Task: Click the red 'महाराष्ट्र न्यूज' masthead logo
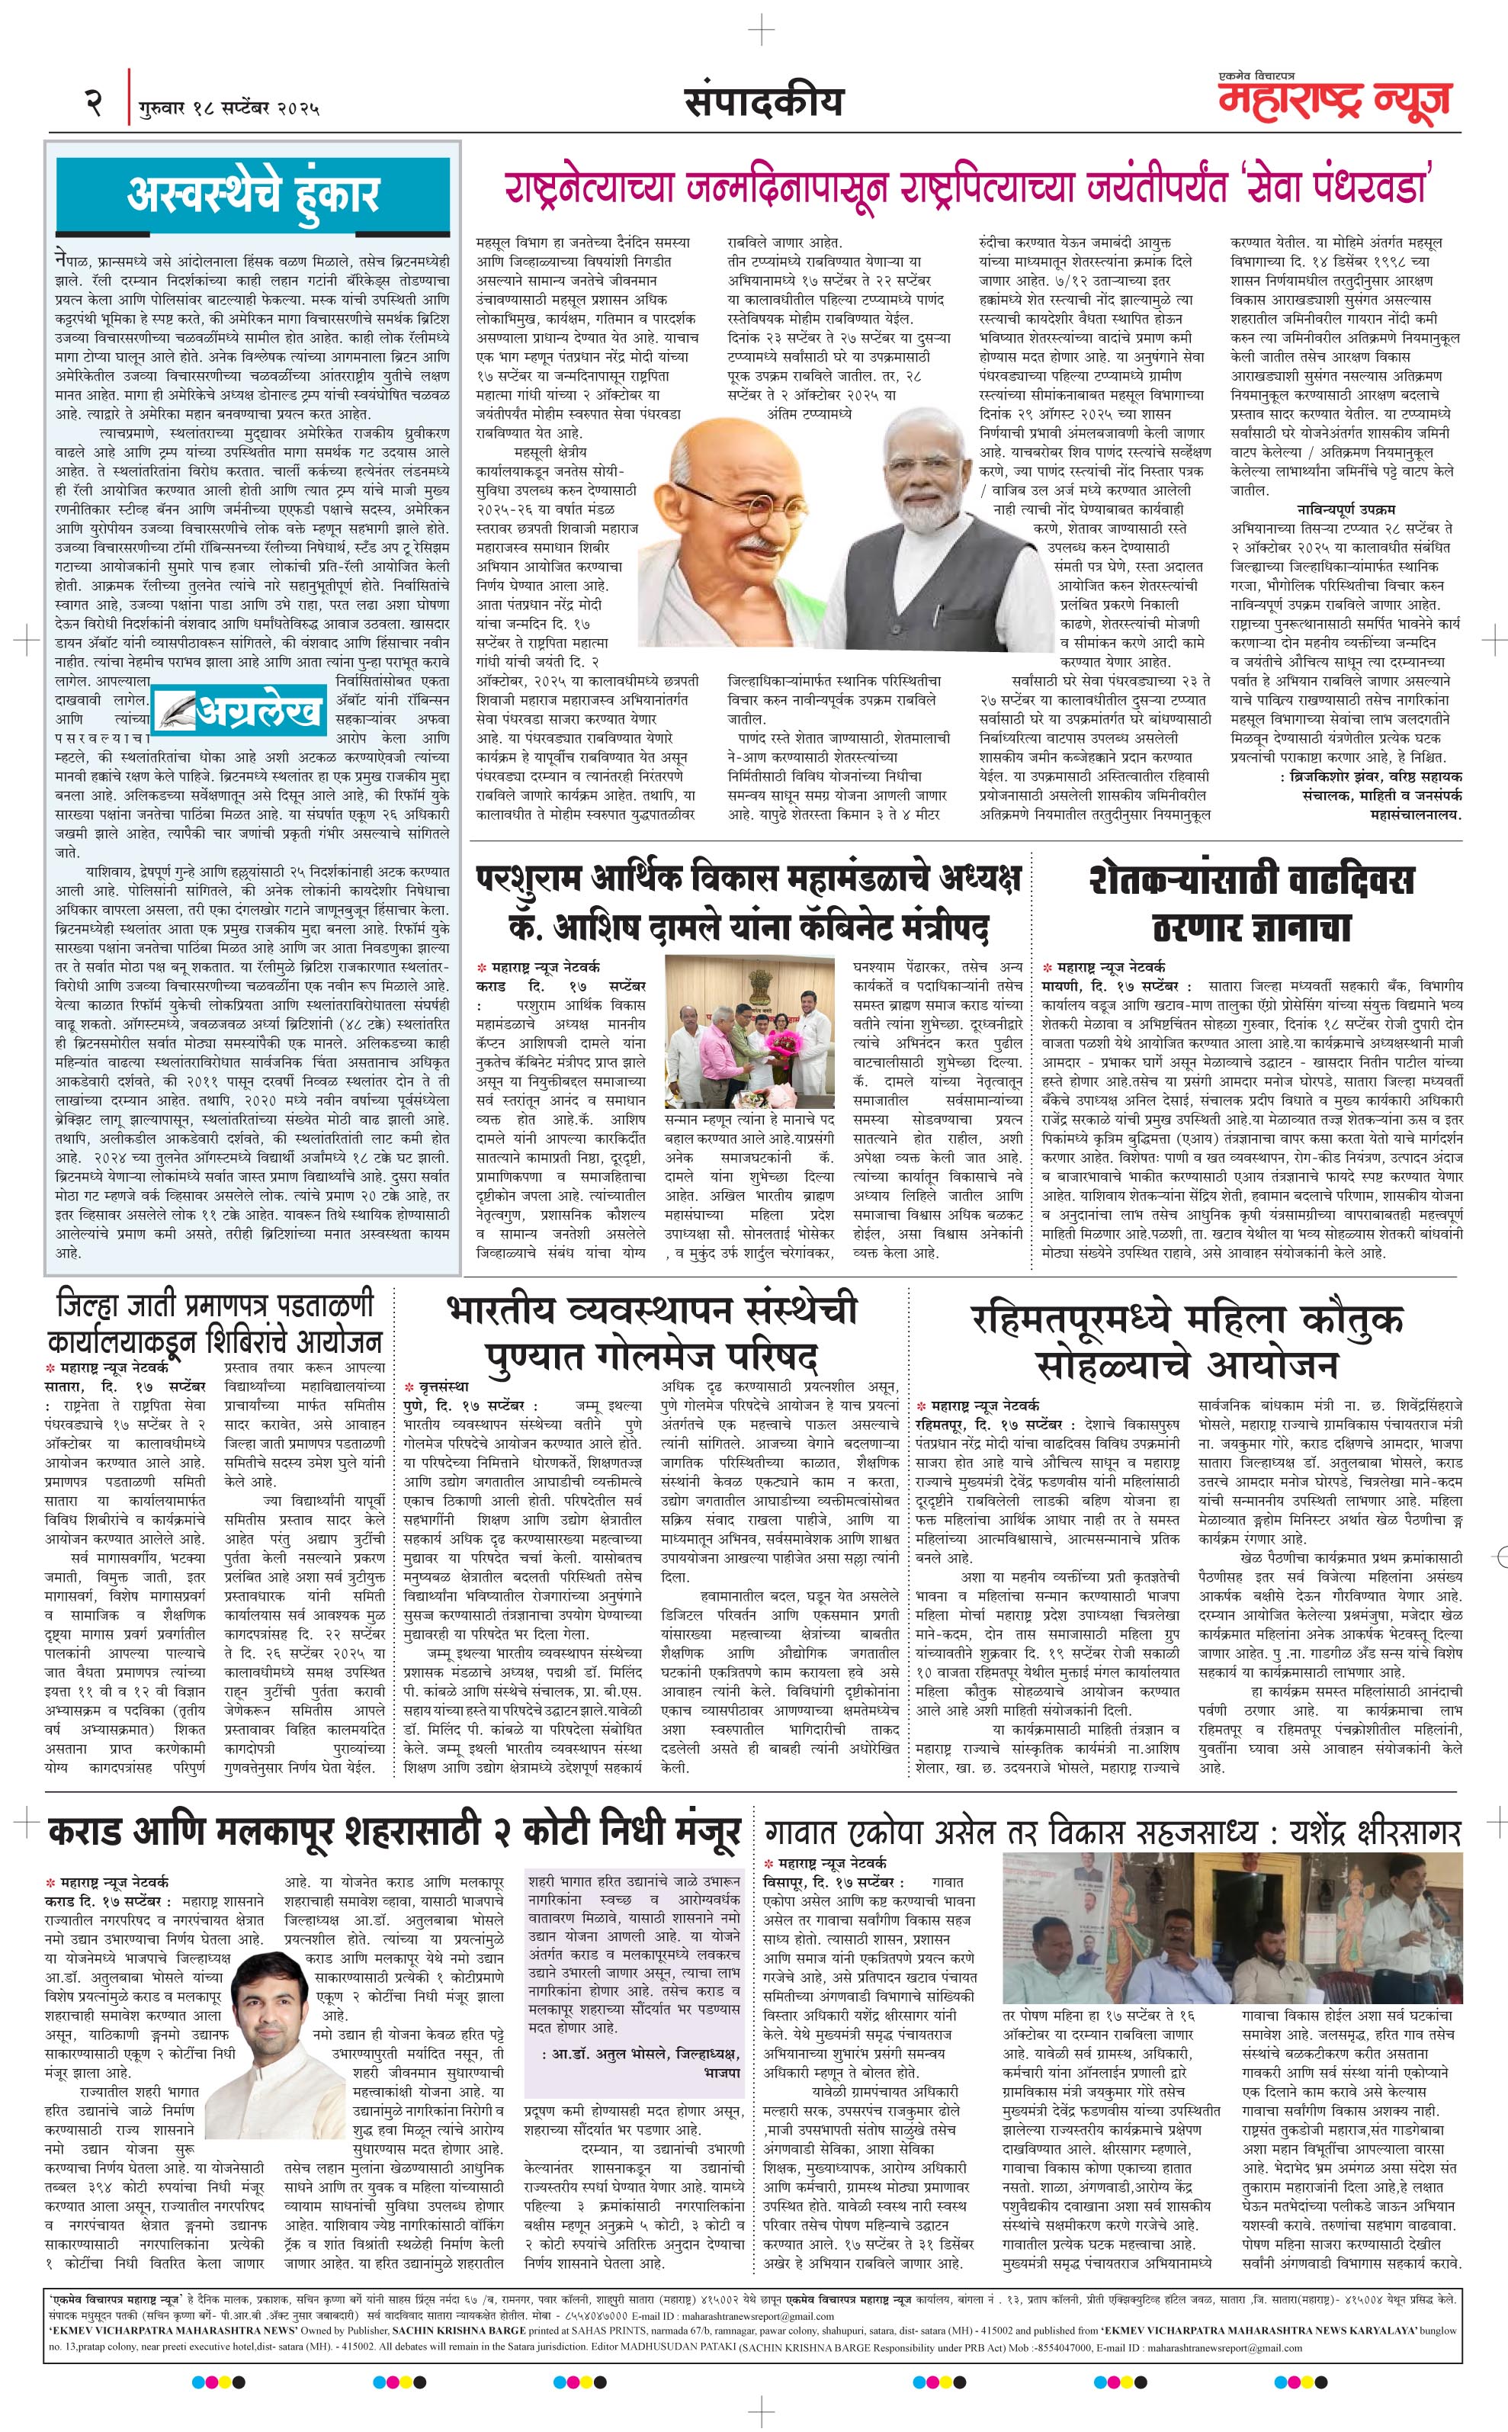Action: (1333, 101)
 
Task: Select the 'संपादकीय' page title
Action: (764, 101)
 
